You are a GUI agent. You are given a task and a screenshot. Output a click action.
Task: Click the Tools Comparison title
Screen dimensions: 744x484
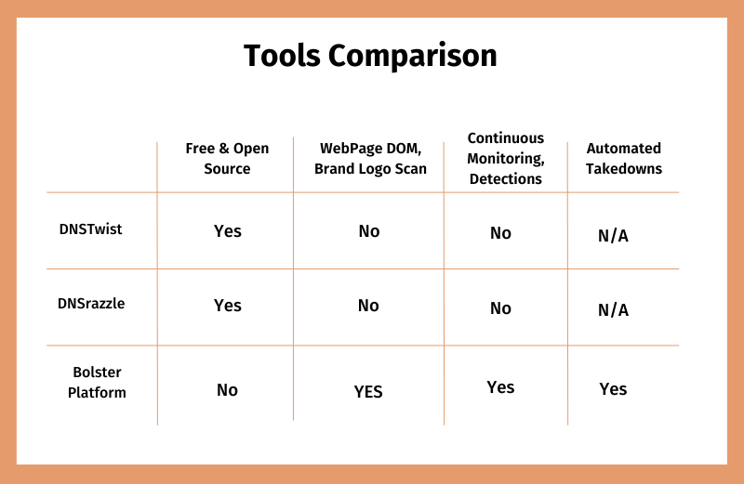tap(370, 56)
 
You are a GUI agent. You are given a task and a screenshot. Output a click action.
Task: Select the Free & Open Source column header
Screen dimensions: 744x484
tap(227, 158)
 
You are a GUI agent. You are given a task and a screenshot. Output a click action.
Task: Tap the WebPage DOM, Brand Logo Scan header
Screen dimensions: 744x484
tap(370, 158)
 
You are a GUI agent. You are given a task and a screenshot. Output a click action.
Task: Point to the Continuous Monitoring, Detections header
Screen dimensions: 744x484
tap(506, 158)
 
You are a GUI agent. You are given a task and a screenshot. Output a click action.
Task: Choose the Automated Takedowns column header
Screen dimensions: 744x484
tap(623, 158)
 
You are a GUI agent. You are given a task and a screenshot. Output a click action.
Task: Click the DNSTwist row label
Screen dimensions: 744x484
tap(90, 229)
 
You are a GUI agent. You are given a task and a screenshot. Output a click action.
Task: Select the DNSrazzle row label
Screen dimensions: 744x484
tap(91, 304)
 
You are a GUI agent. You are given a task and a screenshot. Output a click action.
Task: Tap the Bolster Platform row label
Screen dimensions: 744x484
tap(97, 382)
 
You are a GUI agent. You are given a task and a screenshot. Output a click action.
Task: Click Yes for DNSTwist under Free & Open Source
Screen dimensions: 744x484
tap(228, 231)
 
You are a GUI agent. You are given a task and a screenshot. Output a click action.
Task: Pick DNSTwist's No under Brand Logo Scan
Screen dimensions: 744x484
tap(369, 231)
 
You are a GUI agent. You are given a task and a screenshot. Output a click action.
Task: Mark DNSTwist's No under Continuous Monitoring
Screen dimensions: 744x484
tap(500, 233)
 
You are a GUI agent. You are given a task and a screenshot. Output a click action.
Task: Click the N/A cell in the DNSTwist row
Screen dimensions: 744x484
tap(613, 236)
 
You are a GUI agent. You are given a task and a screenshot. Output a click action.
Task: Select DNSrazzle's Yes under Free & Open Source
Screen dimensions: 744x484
tap(228, 306)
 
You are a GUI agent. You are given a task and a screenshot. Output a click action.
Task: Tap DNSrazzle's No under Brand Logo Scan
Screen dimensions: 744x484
tap(368, 306)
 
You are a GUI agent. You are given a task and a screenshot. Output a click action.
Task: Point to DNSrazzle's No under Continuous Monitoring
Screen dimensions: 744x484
tap(500, 308)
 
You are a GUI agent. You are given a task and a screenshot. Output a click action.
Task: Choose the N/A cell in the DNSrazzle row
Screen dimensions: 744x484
tap(613, 310)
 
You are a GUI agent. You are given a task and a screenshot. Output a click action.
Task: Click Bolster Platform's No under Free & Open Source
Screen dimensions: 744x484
tap(227, 390)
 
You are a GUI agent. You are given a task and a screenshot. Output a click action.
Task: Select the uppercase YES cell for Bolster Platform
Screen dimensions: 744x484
tap(368, 392)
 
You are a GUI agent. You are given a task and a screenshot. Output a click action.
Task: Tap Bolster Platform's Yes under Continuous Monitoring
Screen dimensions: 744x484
tap(500, 387)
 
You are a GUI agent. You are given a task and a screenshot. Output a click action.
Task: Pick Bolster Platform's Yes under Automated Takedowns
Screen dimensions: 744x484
tap(613, 389)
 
